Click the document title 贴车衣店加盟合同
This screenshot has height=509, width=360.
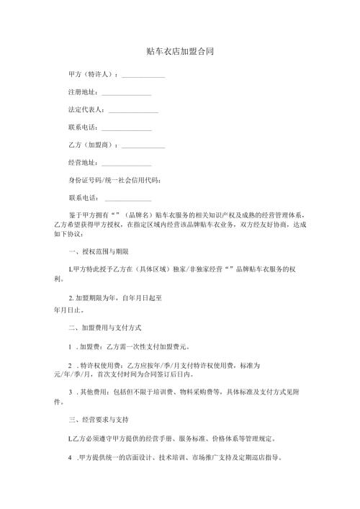[179, 52]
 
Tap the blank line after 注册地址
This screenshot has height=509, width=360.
[127, 94]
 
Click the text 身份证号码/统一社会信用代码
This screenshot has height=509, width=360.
[114, 181]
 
